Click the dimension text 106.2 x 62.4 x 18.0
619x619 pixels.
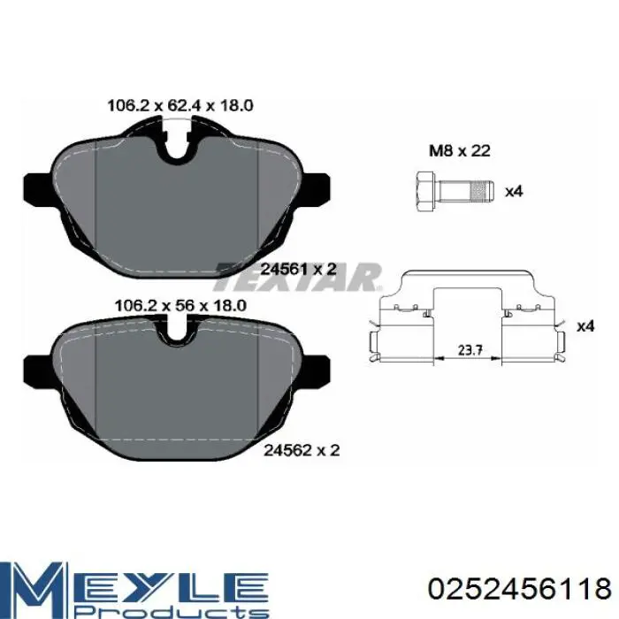point(180,106)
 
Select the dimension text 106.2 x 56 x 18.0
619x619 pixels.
point(180,306)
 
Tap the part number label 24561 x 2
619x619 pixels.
point(299,269)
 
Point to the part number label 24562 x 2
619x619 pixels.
point(302,450)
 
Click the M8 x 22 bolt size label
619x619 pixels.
point(460,150)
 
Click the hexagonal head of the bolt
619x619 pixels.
point(425,192)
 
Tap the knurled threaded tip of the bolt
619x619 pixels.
point(481,192)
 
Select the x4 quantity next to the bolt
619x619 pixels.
point(515,192)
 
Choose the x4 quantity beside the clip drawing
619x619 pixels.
point(585,326)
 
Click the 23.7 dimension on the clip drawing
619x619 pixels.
point(470,350)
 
